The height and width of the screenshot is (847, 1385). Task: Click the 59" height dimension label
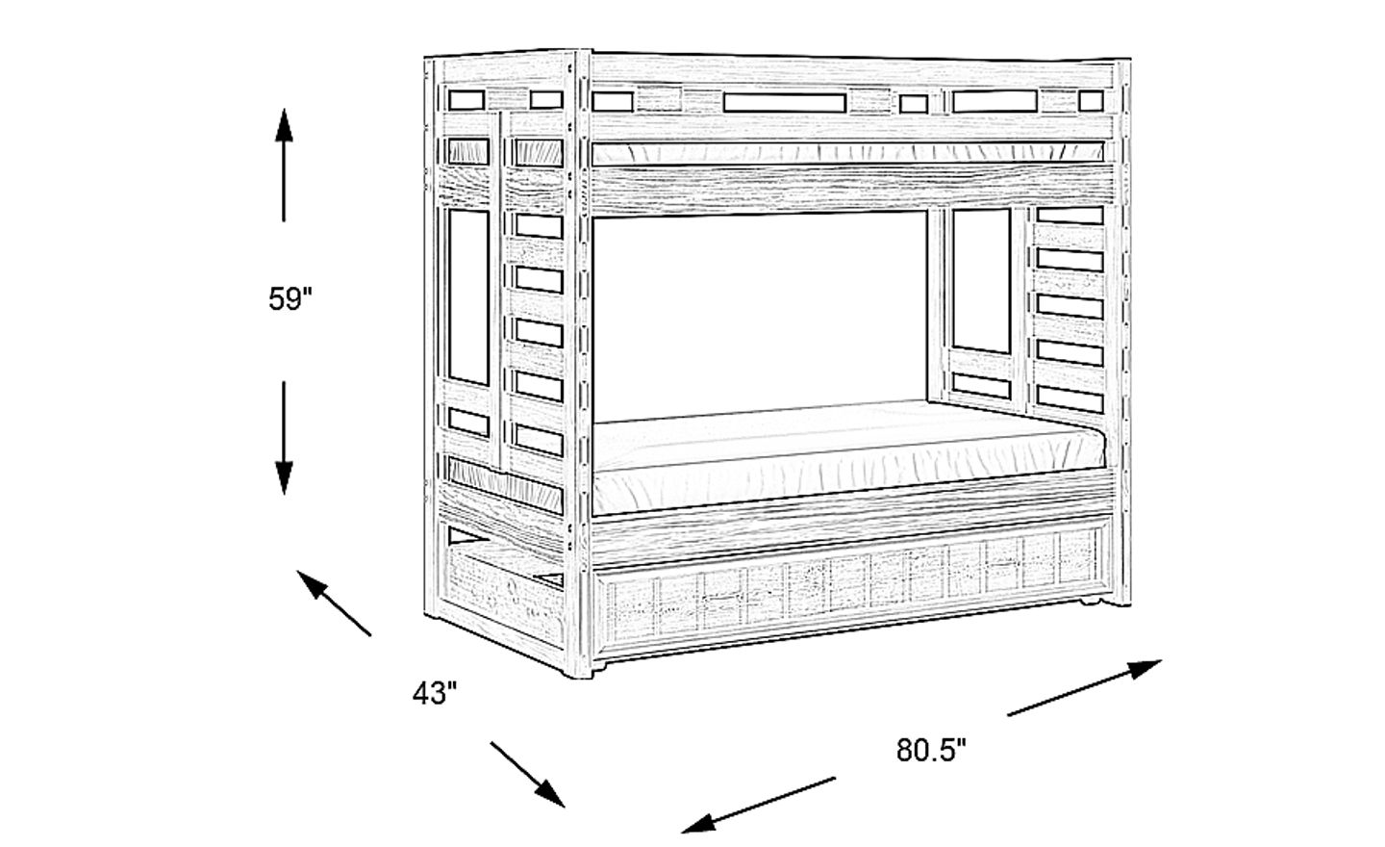click(291, 300)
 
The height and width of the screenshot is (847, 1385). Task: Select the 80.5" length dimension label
click(931, 750)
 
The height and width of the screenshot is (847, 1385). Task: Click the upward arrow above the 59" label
click(284, 164)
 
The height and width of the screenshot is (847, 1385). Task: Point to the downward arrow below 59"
click(284, 438)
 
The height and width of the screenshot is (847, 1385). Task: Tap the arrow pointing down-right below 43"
click(527, 773)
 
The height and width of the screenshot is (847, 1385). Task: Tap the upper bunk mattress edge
click(846, 153)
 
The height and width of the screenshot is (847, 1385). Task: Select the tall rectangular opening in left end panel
click(468, 298)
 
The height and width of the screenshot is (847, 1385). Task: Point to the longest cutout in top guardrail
click(784, 102)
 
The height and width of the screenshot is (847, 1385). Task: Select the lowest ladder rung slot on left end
click(538, 437)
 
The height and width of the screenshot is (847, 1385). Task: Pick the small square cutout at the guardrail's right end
click(1090, 100)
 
